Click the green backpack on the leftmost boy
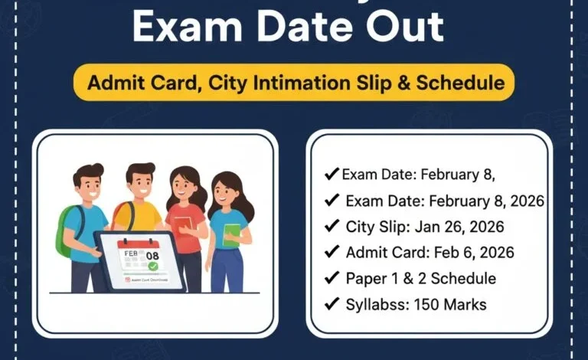pos(64,230)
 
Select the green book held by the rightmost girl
pos(232,235)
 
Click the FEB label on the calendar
pos(129,252)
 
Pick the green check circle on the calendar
pos(153,266)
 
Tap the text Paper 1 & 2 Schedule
pos(420,278)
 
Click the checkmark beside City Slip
pos(332,226)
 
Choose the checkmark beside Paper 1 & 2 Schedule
pos(332,278)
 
